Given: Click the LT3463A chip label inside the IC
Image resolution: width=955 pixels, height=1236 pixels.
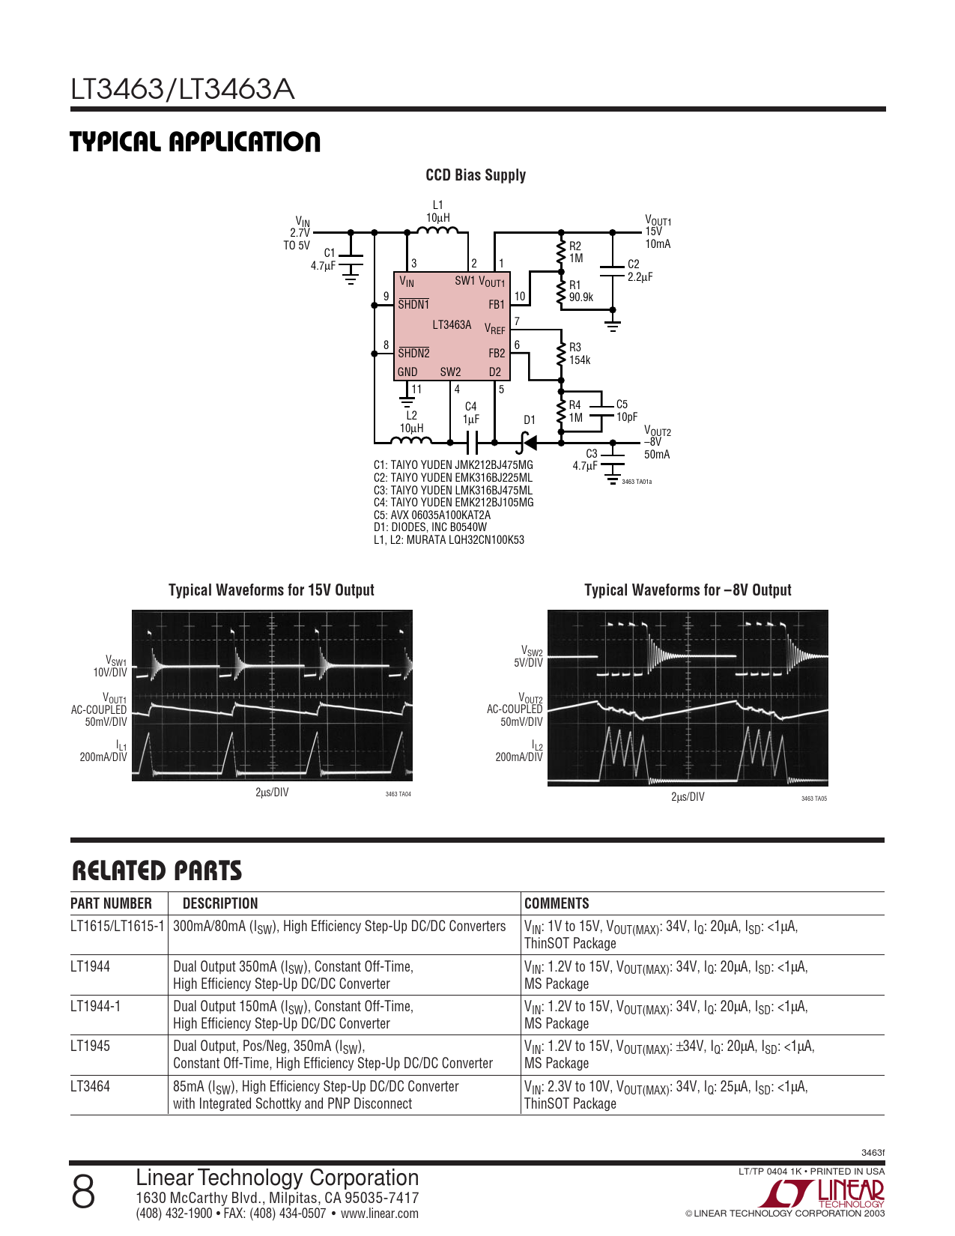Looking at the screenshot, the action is point(452,325).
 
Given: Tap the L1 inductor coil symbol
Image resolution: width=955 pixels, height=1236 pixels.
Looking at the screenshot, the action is point(437,230).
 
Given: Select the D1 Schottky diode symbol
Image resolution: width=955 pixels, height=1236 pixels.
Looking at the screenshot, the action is point(529,443).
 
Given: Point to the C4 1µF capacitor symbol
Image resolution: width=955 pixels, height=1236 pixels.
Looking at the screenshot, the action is point(472,442).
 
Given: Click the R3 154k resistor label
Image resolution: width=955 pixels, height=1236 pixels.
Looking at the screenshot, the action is point(580,354).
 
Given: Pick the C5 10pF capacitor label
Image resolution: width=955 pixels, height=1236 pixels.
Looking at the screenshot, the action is point(627,410).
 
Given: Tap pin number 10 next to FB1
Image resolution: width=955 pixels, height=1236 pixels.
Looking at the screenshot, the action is point(520,296).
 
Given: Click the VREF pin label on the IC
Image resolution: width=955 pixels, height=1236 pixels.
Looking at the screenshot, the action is point(495,329).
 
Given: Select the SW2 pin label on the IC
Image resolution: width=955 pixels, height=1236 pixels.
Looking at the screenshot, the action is point(450,372).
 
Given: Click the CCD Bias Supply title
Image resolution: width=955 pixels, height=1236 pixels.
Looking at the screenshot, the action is point(476,175).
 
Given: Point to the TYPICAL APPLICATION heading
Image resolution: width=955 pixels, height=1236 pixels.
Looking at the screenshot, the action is point(195,142).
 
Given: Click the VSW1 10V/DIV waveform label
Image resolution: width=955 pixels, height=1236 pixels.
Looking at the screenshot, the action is point(110,666).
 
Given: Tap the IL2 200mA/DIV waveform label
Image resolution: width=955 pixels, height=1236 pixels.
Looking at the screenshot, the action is point(519,751).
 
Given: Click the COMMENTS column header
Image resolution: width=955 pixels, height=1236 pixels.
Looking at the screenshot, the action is point(557,903).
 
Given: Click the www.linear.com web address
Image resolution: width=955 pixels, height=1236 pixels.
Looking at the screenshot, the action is point(380,1214).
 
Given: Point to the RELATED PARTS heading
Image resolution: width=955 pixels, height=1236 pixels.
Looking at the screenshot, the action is point(157,871).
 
